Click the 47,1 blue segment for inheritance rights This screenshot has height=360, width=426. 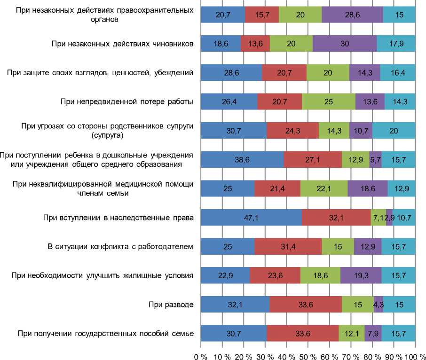(251, 218)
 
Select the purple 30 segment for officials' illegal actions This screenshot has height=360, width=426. (345, 44)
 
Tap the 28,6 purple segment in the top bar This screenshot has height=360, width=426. (352, 15)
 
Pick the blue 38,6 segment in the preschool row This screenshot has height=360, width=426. (242, 160)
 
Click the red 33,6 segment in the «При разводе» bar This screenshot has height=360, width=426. (306, 305)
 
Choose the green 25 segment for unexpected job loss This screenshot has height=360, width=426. (329, 102)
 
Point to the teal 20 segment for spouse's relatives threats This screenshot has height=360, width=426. (394, 131)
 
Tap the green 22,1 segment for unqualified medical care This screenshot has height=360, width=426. (324, 189)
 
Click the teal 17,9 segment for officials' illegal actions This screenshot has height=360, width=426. (396, 44)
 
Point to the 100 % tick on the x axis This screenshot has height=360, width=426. (414, 352)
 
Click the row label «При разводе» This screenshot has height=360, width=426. (170, 305)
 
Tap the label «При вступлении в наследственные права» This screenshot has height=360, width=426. (118, 218)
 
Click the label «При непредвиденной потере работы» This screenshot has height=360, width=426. (127, 102)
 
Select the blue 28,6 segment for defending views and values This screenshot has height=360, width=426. (231, 73)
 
